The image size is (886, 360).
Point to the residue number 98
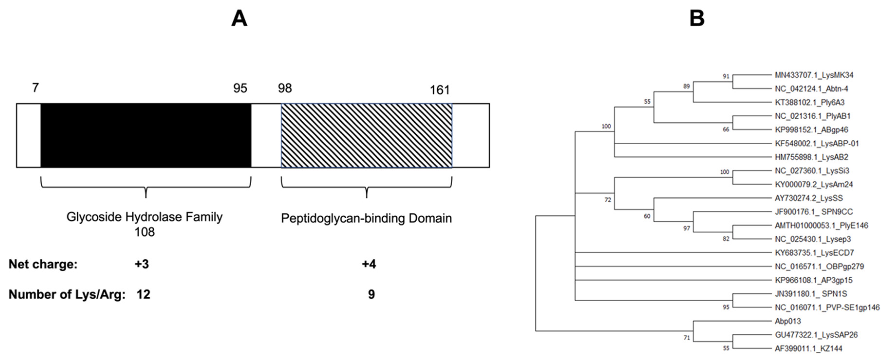(285, 88)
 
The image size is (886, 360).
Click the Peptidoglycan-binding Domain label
(366, 218)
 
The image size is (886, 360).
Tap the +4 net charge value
(369, 264)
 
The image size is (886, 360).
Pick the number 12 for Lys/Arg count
(143, 294)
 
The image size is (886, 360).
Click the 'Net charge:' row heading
(43, 264)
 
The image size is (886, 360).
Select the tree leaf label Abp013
(788, 321)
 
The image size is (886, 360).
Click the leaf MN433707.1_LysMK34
(814, 75)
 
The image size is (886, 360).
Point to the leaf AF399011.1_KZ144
(808, 349)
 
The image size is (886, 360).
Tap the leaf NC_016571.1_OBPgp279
(819, 267)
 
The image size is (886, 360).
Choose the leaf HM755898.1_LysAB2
(811, 157)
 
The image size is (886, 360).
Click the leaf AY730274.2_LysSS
(809, 198)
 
